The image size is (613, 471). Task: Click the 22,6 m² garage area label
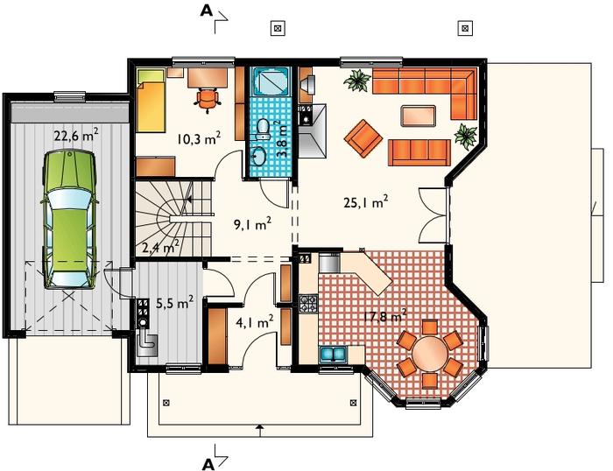tap(76, 136)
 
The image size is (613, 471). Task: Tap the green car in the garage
tap(69, 220)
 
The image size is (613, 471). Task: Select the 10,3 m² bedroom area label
tap(199, 138)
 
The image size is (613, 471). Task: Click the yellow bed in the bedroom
tap(151, 102)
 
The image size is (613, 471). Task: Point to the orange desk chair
tap(208, 99)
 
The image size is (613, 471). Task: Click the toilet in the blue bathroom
tap(263, 130)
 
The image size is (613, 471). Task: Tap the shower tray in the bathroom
tap(270, 81)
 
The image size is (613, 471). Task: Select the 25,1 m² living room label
tap(366, 202)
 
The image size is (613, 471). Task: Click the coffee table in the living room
tap(418, 116)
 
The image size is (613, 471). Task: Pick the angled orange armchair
tap(363, 138)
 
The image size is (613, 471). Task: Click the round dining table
tap(430, 354)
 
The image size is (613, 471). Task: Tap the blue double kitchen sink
tap(334, 355)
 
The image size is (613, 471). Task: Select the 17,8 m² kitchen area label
tap(385, 316)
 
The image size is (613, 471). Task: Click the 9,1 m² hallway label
tap(252, 224)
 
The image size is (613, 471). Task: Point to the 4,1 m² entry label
tap(255, 322)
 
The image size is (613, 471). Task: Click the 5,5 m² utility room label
tap(175, 302)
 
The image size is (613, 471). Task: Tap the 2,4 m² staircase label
tap(161, 247)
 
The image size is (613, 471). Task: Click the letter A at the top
tap(207, 11)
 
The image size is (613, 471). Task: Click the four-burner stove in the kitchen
tap(309, 304)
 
